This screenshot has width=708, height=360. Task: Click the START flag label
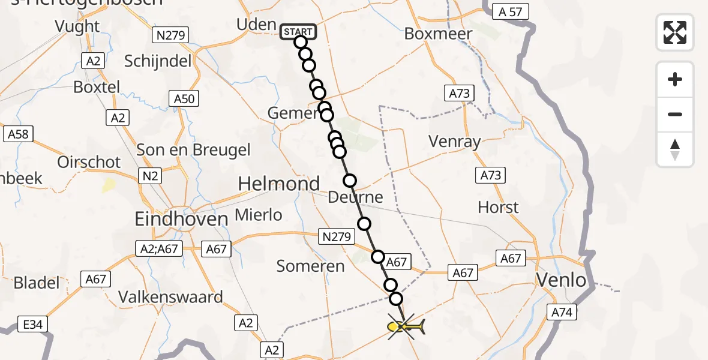[x=298, y=31]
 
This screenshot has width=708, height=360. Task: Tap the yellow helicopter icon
[x=407, y=327]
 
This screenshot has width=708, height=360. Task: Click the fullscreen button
[x=675, y=32]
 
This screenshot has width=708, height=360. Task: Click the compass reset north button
[x=675, y=149]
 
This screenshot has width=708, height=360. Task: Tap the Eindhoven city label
[x=182, y=219]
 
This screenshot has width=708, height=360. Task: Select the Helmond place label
[x=279, y=184]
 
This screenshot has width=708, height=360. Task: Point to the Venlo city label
[x=562, y=280]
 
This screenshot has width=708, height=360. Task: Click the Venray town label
[x=455, y=142]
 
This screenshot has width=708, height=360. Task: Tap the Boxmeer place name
[x=438, y=34]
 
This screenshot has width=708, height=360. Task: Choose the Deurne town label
[x=356, y=197]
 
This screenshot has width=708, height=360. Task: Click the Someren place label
[x=311, y=266]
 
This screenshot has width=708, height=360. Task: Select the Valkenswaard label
[x=170, y=297]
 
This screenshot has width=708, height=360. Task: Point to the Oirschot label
[x=89, y=162]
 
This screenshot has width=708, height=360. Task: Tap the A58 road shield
[x=18, y=133]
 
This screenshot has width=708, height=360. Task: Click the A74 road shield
[x=562, y=311]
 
